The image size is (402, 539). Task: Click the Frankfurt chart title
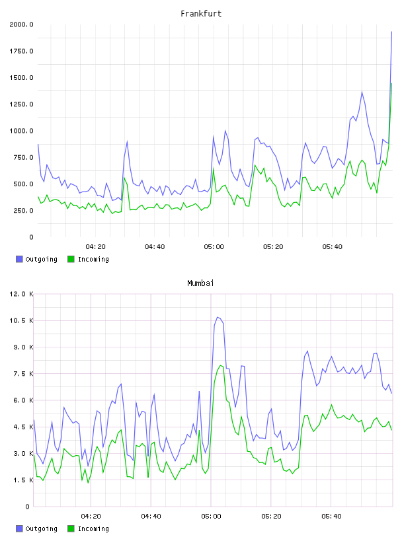[x=201, y=14]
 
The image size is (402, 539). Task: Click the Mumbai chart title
[x=200, y=283]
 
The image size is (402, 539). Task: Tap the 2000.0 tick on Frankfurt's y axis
[x=21, y=24]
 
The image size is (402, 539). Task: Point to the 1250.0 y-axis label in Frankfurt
[x=21, y=104]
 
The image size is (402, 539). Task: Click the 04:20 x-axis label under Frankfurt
[x=95, y=247]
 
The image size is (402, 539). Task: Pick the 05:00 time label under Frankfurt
[x=214, y=247]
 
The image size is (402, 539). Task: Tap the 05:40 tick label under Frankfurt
[x=332, y=247]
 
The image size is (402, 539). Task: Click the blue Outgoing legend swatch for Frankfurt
[x=19, y=259]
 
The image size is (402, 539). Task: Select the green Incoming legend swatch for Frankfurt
[x=71, y=259]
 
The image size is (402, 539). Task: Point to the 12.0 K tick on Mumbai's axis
[x=21, y=294]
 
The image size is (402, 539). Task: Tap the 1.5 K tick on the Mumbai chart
[x=23, y=480]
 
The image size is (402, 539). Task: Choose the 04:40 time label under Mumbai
[x=151, y=517]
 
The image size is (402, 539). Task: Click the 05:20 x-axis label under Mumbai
[x=271, y=517]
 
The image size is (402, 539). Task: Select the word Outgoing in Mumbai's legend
[x=41, y=528]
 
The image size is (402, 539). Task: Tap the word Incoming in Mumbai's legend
[x=93, y=528]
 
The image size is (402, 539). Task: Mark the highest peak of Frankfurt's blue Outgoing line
[x=391, y=32]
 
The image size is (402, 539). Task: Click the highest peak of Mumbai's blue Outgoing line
[x=217, y=317]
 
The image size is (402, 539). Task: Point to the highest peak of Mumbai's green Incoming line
[x=220, y=365]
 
